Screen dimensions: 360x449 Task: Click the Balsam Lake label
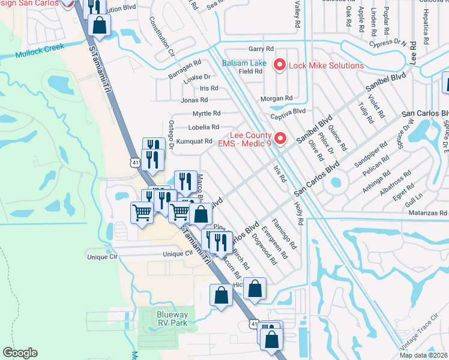pos(245,64)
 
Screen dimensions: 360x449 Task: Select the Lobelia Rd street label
pos(204,127)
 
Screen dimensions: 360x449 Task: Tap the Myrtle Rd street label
pos(206,113)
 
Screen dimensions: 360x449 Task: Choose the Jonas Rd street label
pos(194,100)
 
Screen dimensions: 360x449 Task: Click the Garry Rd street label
pos(261,50)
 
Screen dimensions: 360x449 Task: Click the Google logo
pos(20,353)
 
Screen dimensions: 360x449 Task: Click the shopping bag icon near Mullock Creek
pos(100,25)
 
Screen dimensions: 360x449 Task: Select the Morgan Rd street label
pos(276,98)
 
